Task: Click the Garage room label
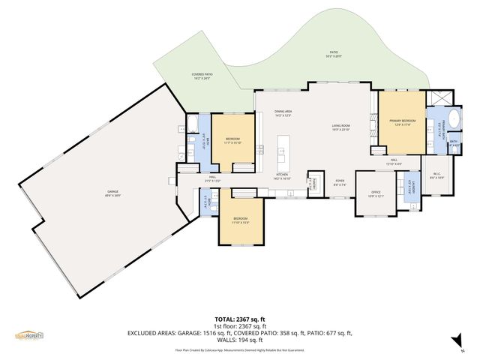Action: tap(112, 193)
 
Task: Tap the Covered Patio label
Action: tap(203, 76)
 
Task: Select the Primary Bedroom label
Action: tap(402, 121)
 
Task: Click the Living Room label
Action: tap(342, 127)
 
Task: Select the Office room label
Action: tap(376, 193)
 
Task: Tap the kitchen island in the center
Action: tap(282, 153)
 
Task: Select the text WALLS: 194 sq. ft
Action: tap(240, 340)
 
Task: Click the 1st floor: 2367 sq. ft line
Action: tap(240, 326)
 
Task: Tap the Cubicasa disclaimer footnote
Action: tap(239, 350)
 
